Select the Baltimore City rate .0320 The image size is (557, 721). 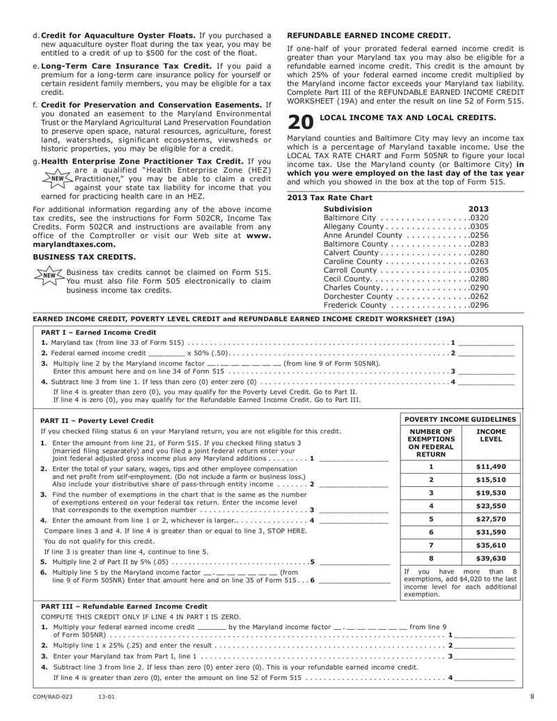[479, 218]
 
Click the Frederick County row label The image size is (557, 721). [354, 305]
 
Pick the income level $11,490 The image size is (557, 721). [490, 467]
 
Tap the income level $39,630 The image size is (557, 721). [490, 558]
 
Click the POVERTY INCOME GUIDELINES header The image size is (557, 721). [460, 419]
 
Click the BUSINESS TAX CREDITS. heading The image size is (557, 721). [74, 256]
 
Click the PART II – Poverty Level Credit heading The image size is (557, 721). [97, 421]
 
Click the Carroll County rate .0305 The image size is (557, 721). [479, 270]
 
